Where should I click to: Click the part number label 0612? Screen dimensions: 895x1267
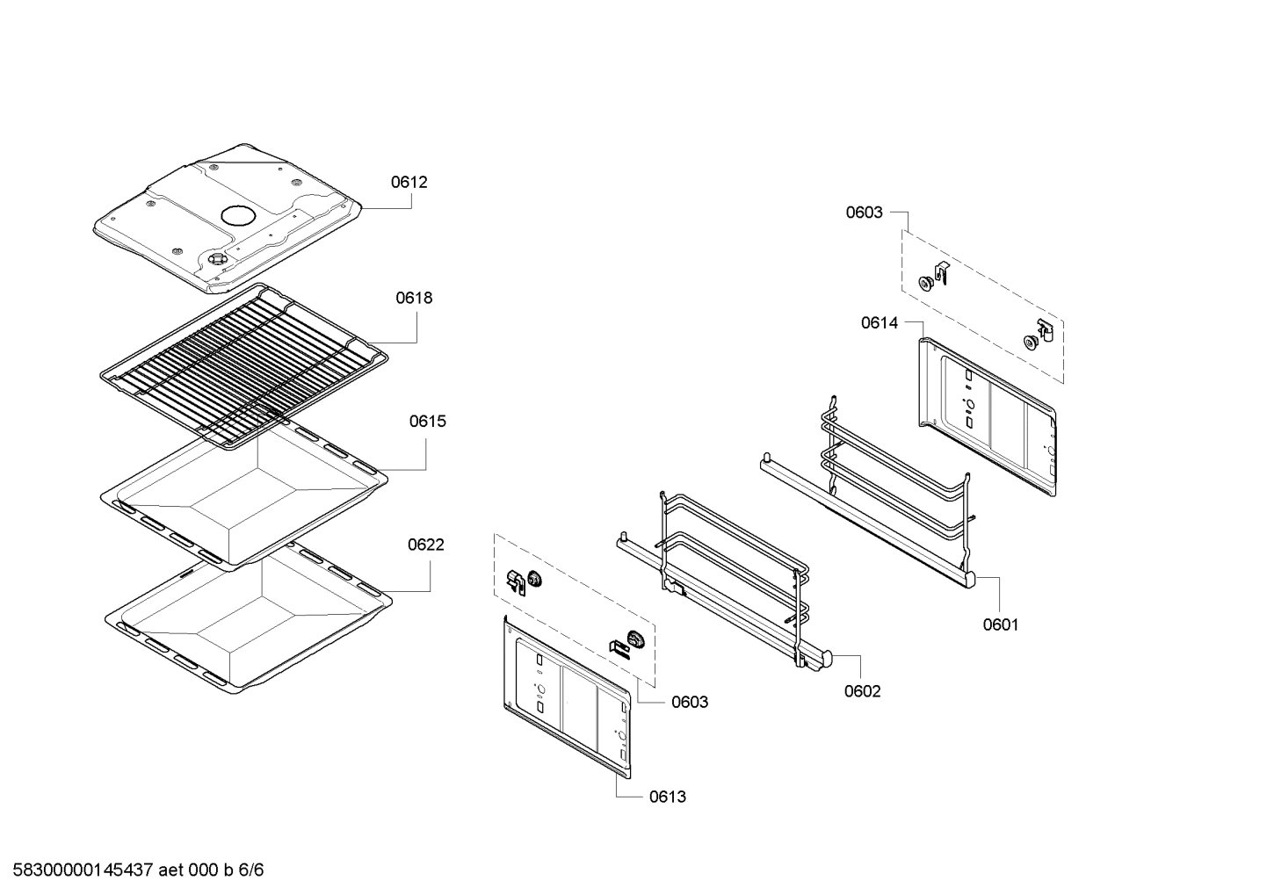pyautogui.click(x=409, y=183)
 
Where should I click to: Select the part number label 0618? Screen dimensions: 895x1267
pyautogui.click(x=413, y=298)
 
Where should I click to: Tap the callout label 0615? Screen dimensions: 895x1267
pyautogui.click(x=427, y=422)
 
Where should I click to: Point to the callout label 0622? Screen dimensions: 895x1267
pyautogui.click(x=425, y=545)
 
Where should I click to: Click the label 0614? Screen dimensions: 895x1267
pyautogui.click(x=879, y=323)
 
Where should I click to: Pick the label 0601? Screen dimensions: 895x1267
pyautogui.click(x=1000, y=624)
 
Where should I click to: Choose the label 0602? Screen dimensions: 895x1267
pyautogui.click(x=862, y=691)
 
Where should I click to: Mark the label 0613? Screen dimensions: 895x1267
pyautogui.click(x=668, y=797)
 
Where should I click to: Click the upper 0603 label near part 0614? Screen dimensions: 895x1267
pyautogui.click(x=864, y=213)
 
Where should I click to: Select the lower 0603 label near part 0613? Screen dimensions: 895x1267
pyautogui.click(x=690, y=702)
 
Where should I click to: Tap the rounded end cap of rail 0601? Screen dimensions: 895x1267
pyautogui.click(x=970, y=580)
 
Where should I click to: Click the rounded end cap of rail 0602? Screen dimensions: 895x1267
pyautogui.click(x=829, y=656)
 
